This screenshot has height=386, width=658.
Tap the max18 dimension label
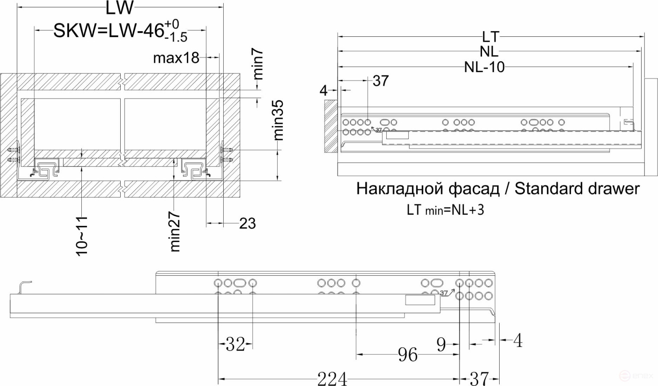(176, 57)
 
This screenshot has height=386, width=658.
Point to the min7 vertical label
(258, 64)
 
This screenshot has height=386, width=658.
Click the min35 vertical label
(279, 120)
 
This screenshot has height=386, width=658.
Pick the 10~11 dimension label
(82, 236)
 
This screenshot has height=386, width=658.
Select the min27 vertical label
(174, 231)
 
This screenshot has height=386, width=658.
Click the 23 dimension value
(247, 223)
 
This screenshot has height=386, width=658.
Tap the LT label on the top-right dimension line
(491, 37)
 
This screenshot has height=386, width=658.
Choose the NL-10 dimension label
(484, 67)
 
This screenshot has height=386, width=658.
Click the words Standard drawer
(577, 188)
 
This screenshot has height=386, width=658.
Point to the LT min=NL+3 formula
(445, 210)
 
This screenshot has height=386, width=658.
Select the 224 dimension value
(332, 379)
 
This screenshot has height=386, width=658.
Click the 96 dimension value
(408, 355)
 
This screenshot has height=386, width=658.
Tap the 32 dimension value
(235, 345)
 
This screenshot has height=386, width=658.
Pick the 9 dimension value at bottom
(441, 345)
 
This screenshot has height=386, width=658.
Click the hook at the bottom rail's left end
(25, 287)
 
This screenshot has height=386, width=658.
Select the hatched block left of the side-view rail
(330, 126)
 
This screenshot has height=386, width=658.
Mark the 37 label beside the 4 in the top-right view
(380, 81)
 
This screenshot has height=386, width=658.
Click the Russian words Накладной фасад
(427, 188)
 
